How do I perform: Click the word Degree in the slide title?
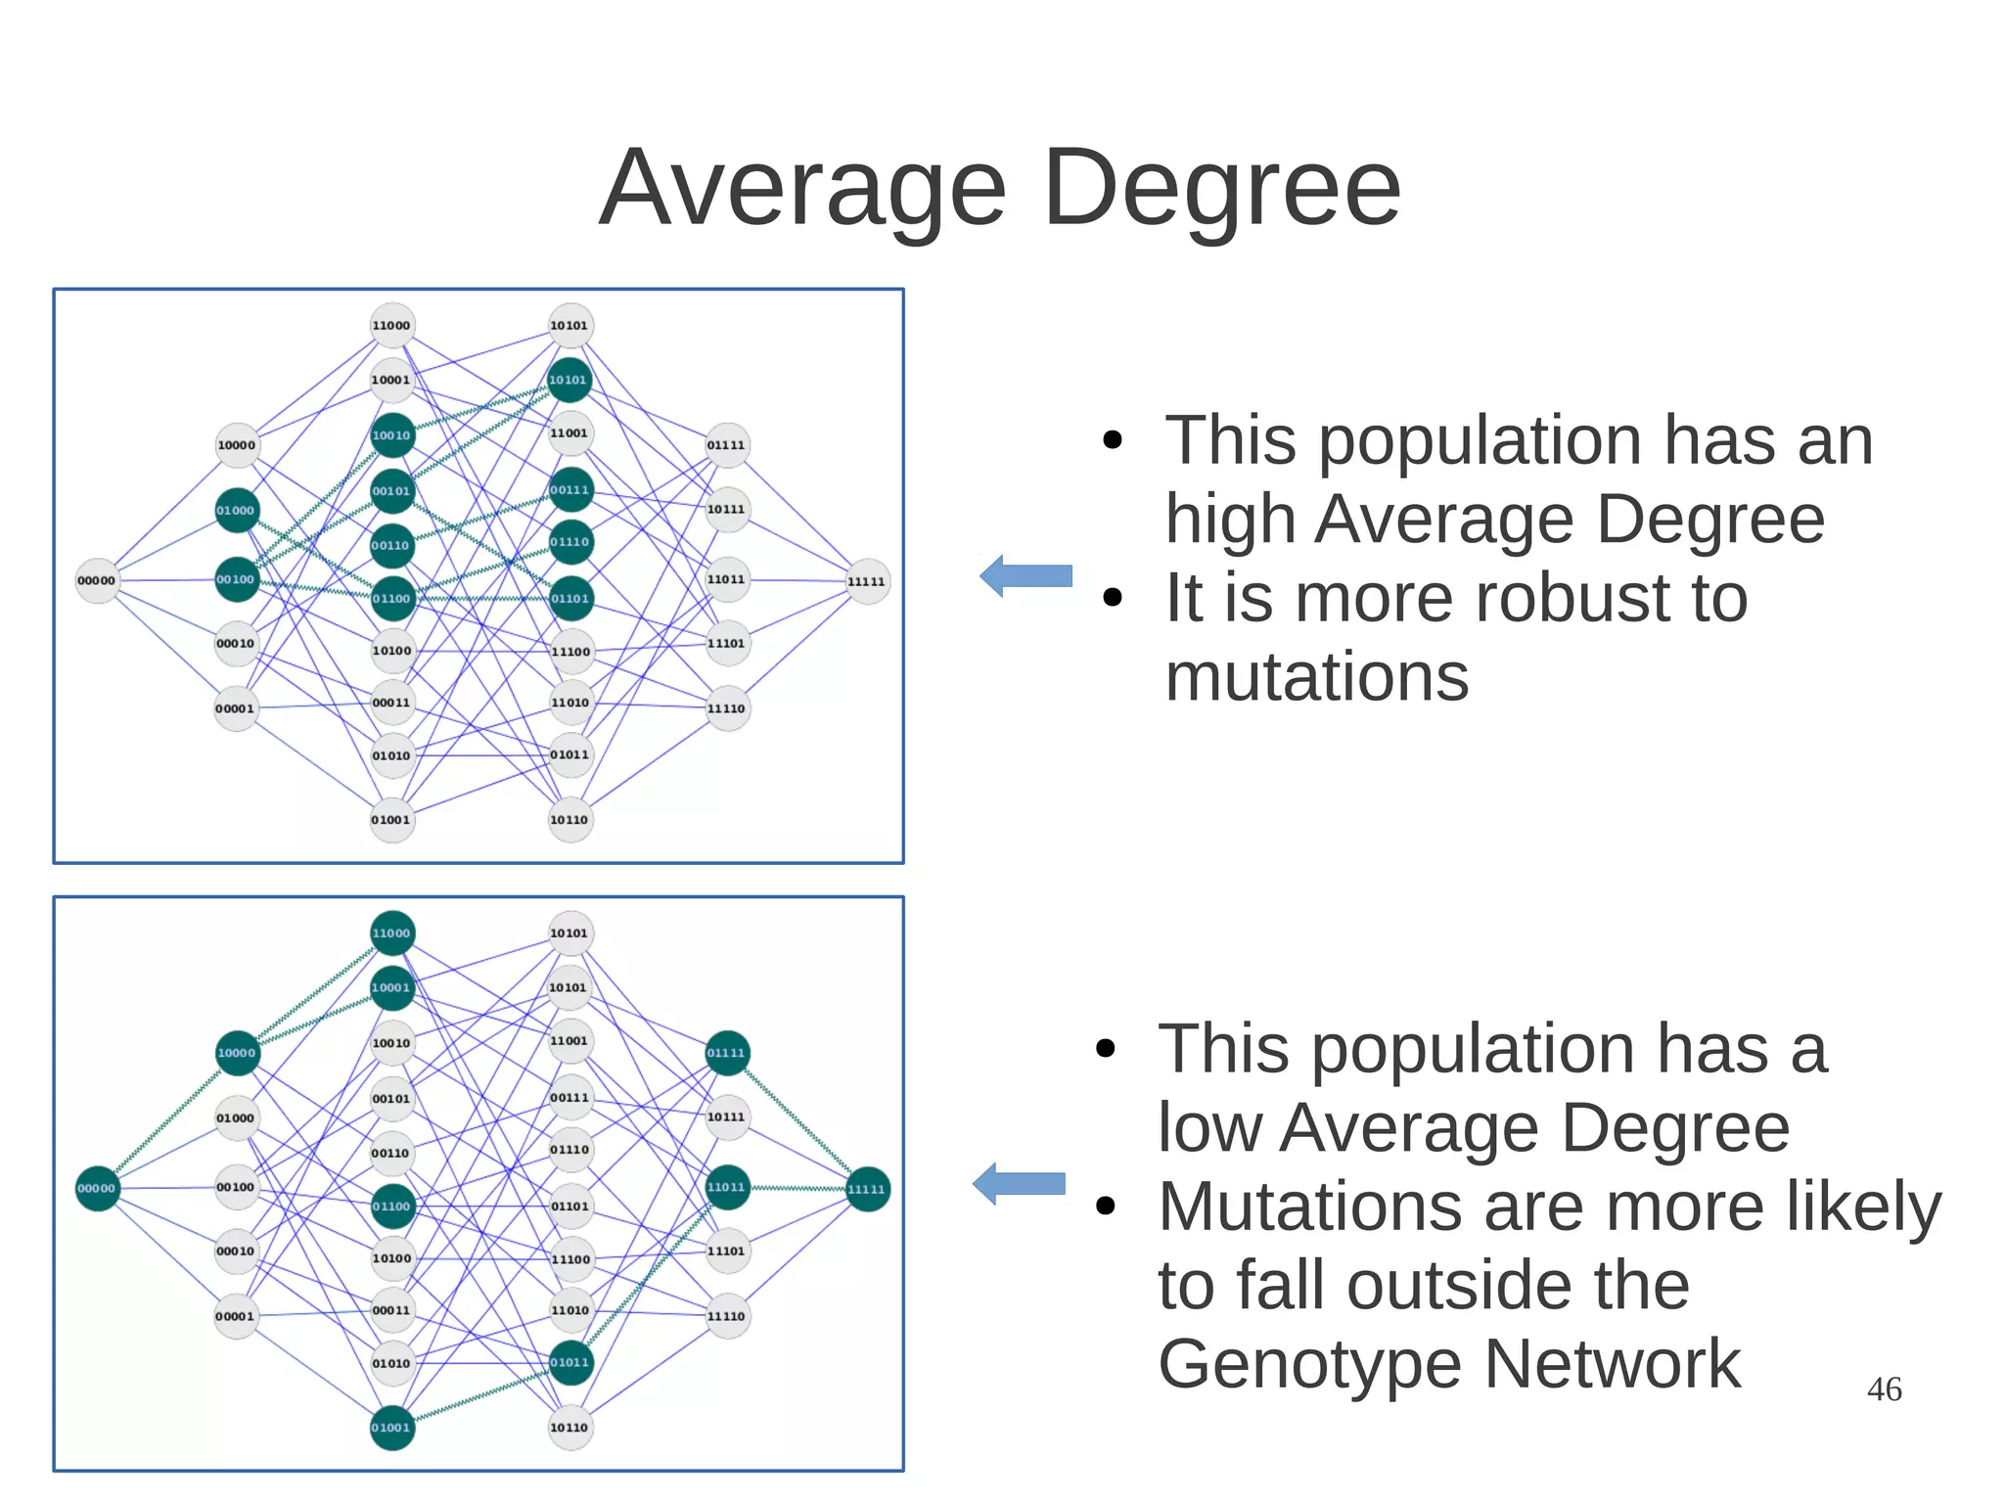1222,188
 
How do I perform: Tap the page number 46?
1884,1388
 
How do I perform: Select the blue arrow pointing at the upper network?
1025,575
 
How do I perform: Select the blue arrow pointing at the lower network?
1019,1183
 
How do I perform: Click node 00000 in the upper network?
97,580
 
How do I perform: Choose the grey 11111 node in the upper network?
867,581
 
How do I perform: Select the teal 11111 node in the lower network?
867,1189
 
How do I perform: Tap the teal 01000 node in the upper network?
236,510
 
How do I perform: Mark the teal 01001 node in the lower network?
391,1428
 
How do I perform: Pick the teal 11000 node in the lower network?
391,933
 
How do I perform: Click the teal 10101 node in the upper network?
569,380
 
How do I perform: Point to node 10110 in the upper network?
569,820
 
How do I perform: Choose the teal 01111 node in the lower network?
727,1053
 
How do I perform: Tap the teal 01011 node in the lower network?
570,1363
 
